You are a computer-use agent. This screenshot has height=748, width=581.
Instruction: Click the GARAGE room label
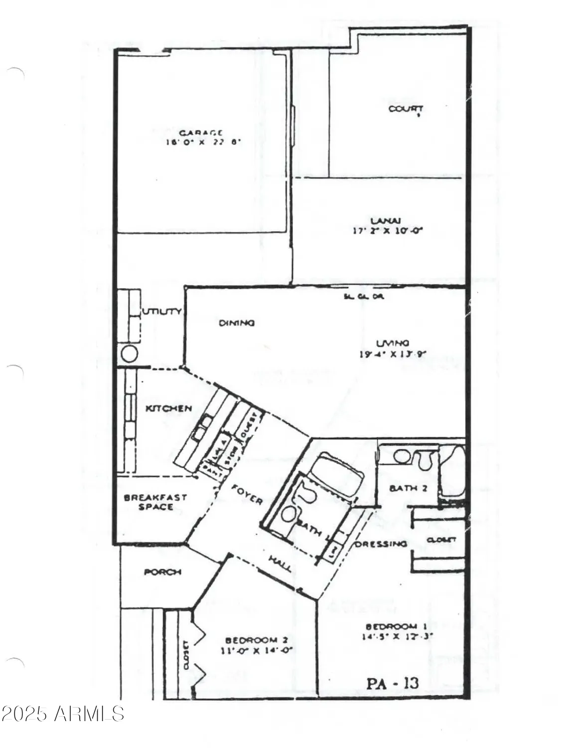[201, 133]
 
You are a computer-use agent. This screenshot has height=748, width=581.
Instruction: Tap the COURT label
[406, 108]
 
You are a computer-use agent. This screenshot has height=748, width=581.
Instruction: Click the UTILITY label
[162, 312]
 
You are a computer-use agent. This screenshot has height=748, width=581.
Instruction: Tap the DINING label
[237, 323]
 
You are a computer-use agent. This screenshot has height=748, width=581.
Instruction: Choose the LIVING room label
[393, 343]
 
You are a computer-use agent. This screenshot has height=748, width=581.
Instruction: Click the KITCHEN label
[168, 408]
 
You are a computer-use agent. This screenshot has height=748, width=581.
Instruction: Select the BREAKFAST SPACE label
[148, 502]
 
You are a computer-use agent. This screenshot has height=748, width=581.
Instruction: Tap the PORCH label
[162, 572]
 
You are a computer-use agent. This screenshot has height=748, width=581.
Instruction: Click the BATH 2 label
[408, 488]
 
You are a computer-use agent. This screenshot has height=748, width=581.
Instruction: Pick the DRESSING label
[381, 544]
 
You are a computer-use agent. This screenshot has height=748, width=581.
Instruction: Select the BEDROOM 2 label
[257, 640]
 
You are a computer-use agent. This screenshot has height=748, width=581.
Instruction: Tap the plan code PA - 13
[393, 683]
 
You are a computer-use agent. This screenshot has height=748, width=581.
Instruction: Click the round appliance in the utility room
[130, 354]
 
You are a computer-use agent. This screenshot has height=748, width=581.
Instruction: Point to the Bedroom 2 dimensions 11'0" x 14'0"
[256, 650]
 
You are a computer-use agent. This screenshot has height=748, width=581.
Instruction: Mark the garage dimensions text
[203, 142]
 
